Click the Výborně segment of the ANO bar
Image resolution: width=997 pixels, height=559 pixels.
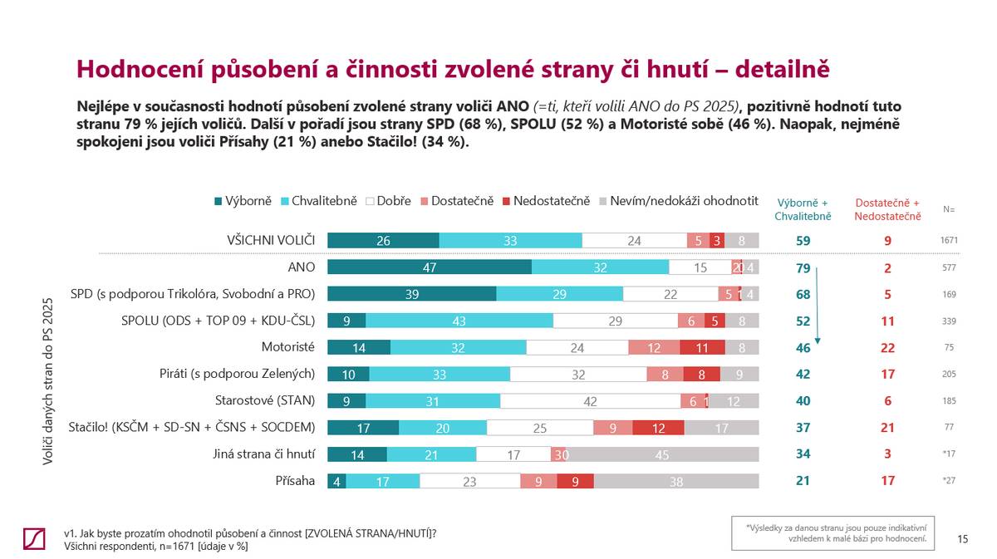click(x=430, y=267)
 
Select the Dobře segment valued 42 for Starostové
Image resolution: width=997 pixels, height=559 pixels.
click(x=590, y=400)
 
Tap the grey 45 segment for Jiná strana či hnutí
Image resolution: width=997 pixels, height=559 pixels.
click(x=662, y=454)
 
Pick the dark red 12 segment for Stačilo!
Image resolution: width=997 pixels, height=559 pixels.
click(x=658, y=428)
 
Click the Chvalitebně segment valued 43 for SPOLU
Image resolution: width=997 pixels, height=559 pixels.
click(x=459, y=321)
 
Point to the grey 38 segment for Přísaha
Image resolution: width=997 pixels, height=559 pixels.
click(x=676, y=481)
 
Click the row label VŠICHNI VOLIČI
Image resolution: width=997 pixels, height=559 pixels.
click(x=272, y=241)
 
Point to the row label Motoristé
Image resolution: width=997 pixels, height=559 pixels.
click(x=288, y=347)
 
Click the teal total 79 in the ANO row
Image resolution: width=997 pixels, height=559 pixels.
click(x=803, y=267)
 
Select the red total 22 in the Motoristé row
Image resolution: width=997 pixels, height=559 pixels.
click(x=887, y=347)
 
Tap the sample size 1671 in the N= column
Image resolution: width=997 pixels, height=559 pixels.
click(x=949, y=241)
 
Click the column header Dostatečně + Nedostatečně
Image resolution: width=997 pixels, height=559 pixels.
click(x=887, y=209)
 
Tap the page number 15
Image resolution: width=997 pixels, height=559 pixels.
click(x=962, y=539)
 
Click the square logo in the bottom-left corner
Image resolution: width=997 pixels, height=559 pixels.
click(x=35, y=538)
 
